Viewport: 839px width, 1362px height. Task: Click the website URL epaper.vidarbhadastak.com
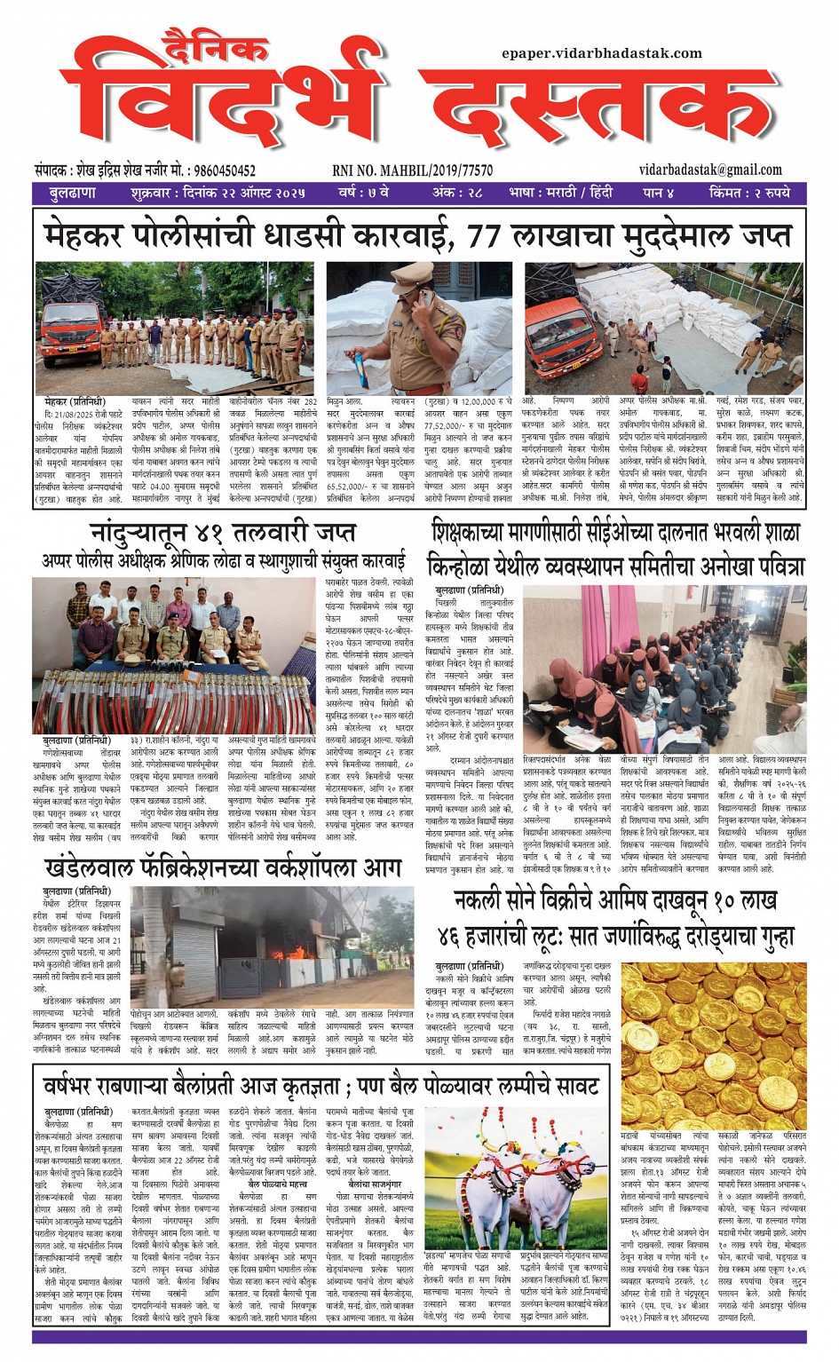[601, 53]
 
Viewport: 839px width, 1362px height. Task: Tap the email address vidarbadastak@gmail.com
[709, 170]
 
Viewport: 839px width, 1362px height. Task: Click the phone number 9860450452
[224, 170]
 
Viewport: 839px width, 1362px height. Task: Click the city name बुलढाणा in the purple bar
[73, 193]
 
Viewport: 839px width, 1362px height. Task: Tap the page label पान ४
[658, 193]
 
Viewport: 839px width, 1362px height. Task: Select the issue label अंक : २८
[457, 193]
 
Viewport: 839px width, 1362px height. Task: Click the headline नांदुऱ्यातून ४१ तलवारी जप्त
[222, 533]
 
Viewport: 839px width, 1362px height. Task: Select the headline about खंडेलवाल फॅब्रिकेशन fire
[222, 867]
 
